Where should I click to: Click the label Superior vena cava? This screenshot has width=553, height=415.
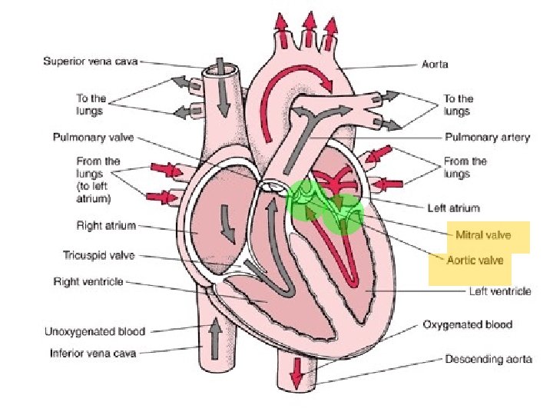point(91,61)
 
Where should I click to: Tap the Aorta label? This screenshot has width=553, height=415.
point(434,65)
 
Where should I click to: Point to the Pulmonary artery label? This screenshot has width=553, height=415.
point(487,138)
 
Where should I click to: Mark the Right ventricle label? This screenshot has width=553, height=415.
point(88,281)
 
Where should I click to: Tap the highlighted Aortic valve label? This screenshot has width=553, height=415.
point(475,261)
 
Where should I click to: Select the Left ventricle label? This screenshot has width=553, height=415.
point(499,291)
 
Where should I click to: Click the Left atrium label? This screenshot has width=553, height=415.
point(453,207)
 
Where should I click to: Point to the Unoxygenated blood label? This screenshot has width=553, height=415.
point(94,332)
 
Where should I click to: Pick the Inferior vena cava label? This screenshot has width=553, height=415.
point(93,354)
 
